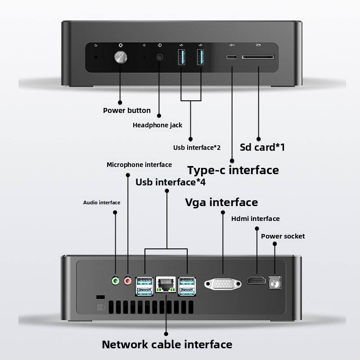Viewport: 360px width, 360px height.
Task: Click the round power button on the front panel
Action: (x=120, y=57)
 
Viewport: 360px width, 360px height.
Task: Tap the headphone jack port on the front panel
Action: (x=159, y=57)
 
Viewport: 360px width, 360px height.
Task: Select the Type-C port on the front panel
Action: (x=232, y=58)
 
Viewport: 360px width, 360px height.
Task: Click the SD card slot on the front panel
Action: (x=258, y=58)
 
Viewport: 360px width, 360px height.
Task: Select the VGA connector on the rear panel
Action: (x=223, y=284)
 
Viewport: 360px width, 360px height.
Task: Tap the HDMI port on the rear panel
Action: (x=256, y=281)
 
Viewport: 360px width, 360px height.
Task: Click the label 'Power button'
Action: (x=127, y=110)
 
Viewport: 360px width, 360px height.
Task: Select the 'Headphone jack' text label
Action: (x=157, y=125)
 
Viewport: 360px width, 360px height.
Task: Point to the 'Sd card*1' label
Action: (x=263, y=147)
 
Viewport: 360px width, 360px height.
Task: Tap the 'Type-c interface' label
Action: (x=233, y=170)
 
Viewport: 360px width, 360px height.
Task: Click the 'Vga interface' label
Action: (x=221, y=202)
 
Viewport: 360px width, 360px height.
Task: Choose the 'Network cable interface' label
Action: (x=167, y=345)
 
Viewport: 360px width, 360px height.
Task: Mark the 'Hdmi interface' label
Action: (x=255, y=219)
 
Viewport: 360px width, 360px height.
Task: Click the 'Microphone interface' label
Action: (x=139, y=165)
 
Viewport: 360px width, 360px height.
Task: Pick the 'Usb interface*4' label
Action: (x=171, y=182)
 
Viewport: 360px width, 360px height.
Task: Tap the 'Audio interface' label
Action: (x=102, y=202)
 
